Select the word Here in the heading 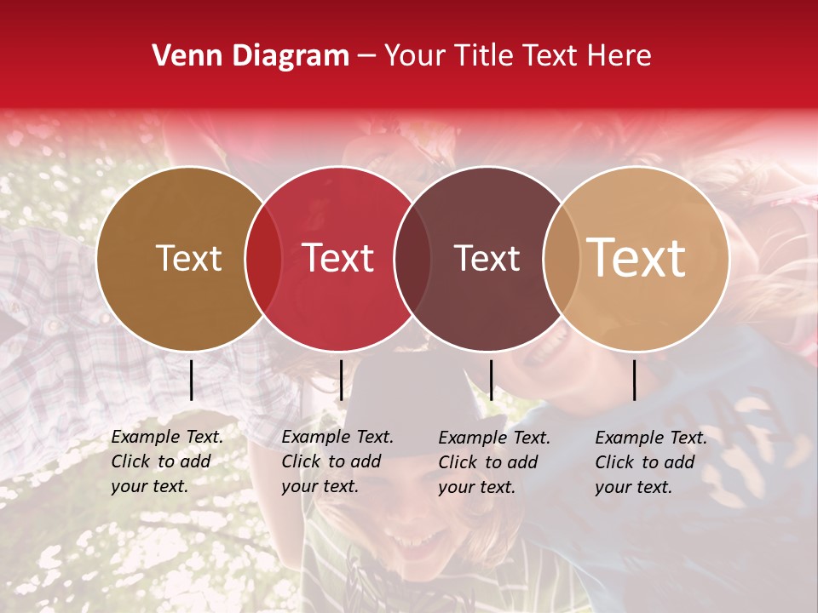[x=621, y=56]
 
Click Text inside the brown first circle [x=189, y=258]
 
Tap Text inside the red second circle [x=338, y=258]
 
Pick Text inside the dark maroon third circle [x=487, y=258]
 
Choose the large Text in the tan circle [x=637, y=257]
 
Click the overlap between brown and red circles [x=263, y=258]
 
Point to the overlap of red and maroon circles [x=412, y=258]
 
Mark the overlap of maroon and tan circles [x=561, y=258]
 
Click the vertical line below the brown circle [x=192, y=380]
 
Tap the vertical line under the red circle [x=341, y=380]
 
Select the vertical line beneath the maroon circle [x=491, y=380]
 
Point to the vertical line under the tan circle [x=635, y=380]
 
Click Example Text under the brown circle [x=167, y=438]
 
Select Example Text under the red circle [x=337, y=438]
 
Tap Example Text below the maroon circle [x=494, y=438]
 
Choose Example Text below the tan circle [x=651, y=438]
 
